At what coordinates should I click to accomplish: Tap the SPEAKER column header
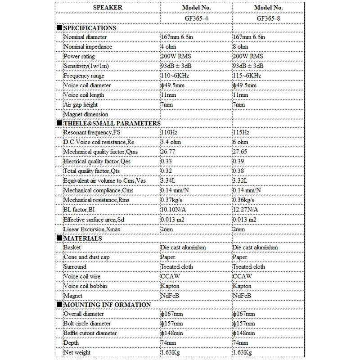click(107, 8)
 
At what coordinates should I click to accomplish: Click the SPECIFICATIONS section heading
click(90, 28)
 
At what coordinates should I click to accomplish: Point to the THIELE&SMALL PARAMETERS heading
click(112, 123)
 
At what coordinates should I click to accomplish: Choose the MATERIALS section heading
click(83, 238)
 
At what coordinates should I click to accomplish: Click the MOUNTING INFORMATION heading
click(107, 305)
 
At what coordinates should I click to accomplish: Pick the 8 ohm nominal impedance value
click(241, 47)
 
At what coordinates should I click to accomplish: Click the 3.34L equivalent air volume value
click(168, 180)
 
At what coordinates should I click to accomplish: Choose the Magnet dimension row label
click(86, 114)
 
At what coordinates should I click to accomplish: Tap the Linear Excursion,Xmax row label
click(92, 229)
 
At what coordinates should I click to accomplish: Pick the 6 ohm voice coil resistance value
click(241, 142)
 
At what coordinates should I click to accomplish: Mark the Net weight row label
click(77, 352)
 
